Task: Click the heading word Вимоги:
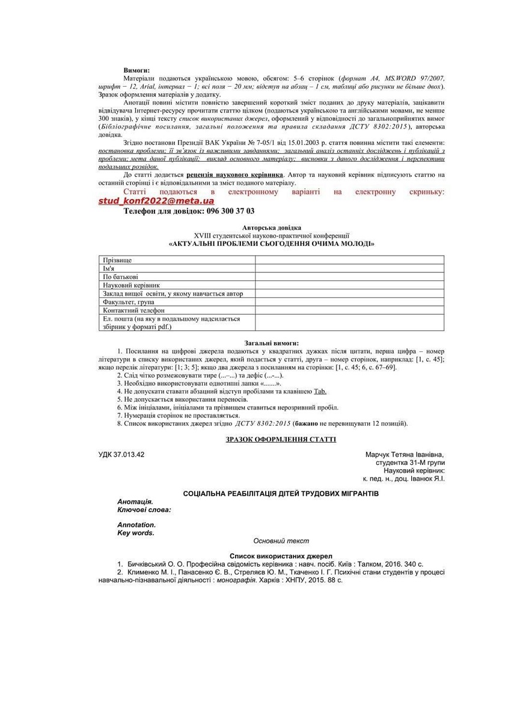tap(136, 70)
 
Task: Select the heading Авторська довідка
tap(272, 228)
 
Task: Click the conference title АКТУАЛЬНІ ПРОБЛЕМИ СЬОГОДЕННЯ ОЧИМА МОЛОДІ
tap(272, 244)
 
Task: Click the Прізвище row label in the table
tap(118, 260)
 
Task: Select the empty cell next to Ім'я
tap(349, 269)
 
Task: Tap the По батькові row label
tap(120, 277)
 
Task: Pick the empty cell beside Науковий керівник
tap(349, 285)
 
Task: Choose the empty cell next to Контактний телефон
tap(349, 310)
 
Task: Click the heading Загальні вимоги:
tap(271, 343)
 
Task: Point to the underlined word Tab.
tap(320, 391)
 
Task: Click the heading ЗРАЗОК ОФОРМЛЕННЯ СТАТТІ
tap(281, 440)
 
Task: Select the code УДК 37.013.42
tap(121, 455)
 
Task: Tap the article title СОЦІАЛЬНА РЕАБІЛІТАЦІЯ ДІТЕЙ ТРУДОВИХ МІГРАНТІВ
tap(281, 494)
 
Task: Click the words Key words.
tap(136, 533)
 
